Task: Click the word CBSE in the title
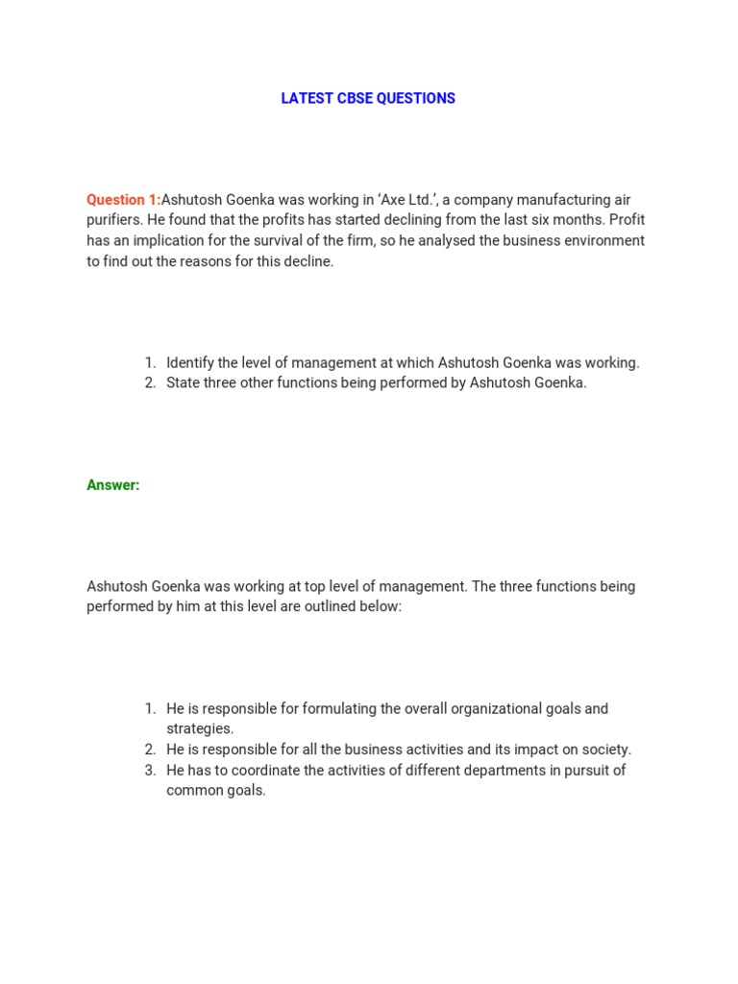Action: coord(354,98)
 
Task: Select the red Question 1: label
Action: coord(123,200)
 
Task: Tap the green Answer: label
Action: coord(113,485)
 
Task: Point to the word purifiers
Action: coord(114,220)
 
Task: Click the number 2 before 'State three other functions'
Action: coord(150,382)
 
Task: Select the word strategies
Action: coord(200,728)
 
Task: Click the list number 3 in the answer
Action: coord(150,770)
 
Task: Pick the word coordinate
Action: coord(263,770)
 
